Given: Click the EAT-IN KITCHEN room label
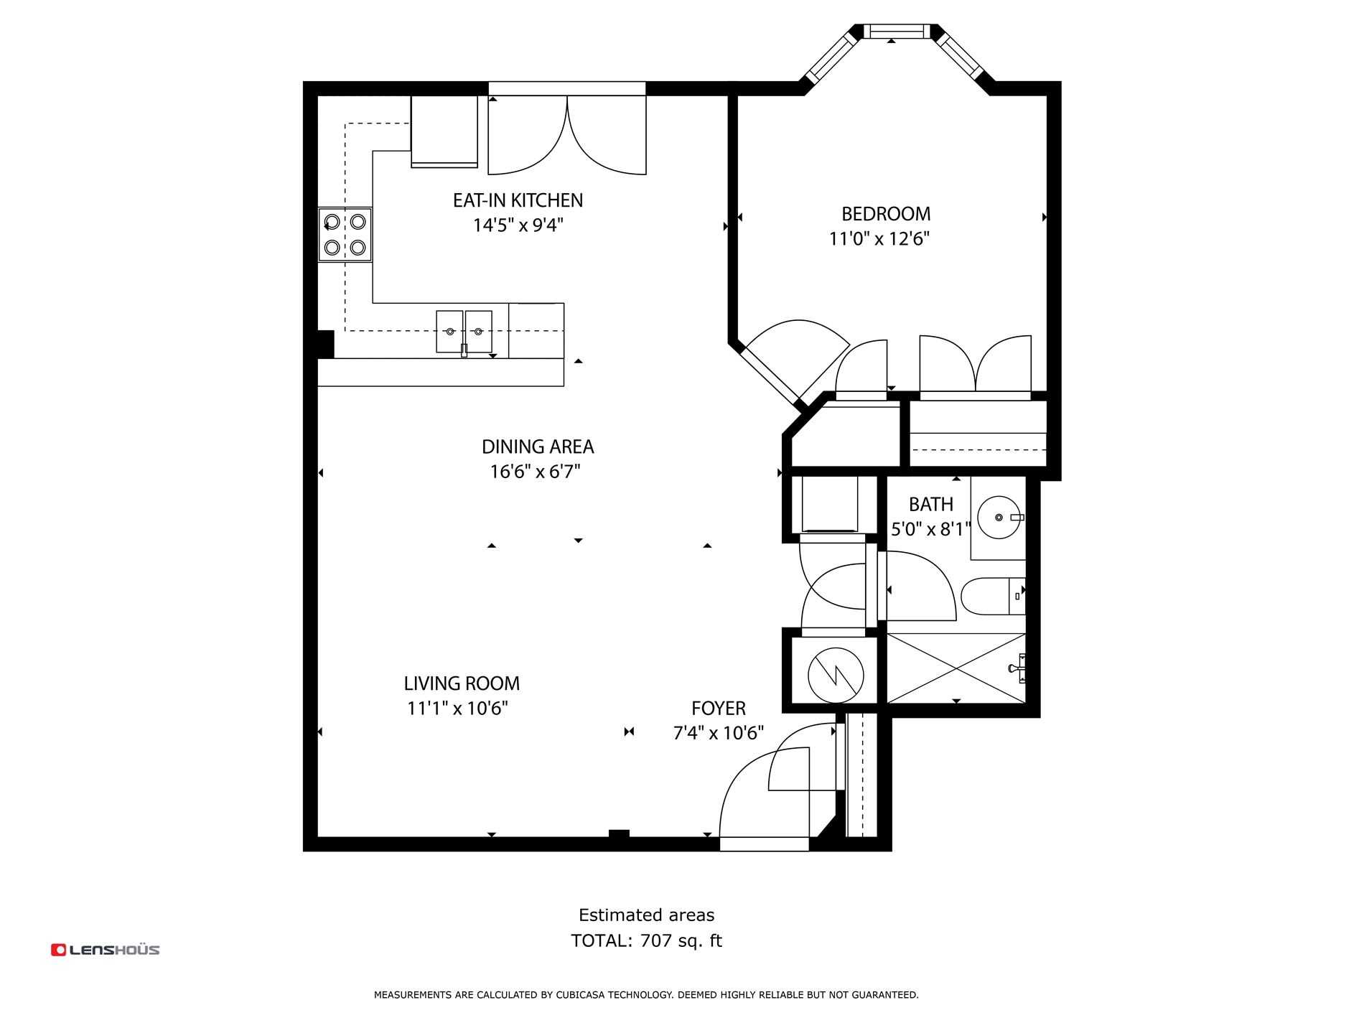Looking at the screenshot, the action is click(x=518, y=200).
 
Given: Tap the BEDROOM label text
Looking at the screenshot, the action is click(x=886, y=214).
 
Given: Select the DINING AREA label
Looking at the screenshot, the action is click(x=538, y=447).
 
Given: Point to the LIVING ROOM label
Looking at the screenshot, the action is click(x=462, y=683).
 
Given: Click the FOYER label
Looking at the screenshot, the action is click(x=719, y=709).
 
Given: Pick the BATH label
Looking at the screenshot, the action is click(x=931, y=504).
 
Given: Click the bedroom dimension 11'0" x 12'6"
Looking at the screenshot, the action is click(x=879, y=239).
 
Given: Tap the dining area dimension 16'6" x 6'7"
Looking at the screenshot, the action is click(x=535, y=472).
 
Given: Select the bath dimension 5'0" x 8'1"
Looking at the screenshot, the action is click(x=931, y=530).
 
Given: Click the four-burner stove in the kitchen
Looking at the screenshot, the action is click(x=345, y=235).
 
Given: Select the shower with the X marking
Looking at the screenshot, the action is click(x=957, y=668).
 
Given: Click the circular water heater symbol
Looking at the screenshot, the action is click(x=836, y=676).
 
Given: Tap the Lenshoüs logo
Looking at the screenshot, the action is click(x=106, y=950).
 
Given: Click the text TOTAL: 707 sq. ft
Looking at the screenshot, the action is click(x=646, y=940).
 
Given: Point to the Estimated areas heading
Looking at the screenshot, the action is click(x=647, y=915).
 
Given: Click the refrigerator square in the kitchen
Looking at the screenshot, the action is click(x=444, y=131).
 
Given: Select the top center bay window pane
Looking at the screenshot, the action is click(x=894, y=31).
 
